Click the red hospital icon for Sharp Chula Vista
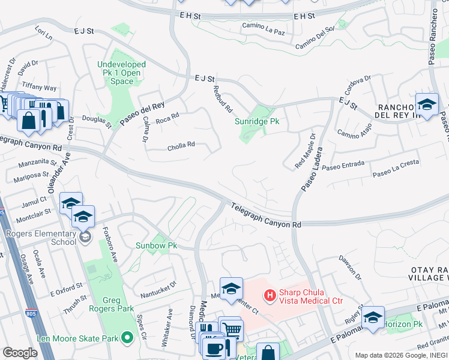(270, 295)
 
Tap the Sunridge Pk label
(257, 121)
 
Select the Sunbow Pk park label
(156, 245)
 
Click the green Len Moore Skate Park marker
(127, 338)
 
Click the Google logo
(20, 353)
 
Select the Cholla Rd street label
(181, 144)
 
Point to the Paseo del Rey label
(142, 112)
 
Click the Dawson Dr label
(351, 268)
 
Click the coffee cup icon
(214, 348)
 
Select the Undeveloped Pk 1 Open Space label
(122, 73)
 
